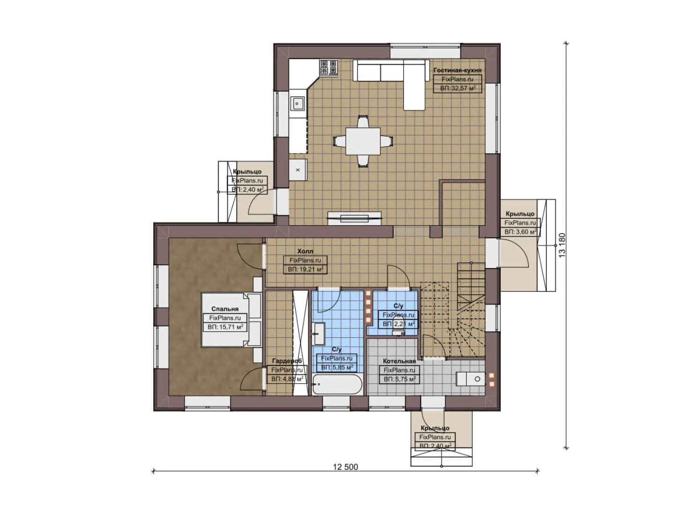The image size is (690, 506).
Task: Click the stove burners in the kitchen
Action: pos(328,67)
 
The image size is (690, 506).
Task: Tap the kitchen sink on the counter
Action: pos(297,103)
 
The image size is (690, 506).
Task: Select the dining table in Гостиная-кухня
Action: pos(363,141)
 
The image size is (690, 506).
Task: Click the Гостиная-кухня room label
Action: pos(457,70)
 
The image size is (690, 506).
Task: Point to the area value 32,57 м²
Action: pos(457,88)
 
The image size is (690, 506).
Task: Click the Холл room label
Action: pos(305,252)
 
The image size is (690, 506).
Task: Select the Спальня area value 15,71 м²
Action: pos(225,327)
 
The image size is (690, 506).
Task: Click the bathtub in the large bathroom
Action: pos(337,385)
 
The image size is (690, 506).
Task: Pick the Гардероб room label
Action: pos(287,361)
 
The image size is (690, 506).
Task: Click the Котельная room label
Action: pos(399,361)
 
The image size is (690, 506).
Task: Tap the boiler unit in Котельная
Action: pos(473,379)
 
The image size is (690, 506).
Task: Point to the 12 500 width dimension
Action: pos(345,467)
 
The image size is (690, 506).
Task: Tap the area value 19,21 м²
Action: pos(305,269)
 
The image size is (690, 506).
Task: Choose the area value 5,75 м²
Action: pos(399,379)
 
